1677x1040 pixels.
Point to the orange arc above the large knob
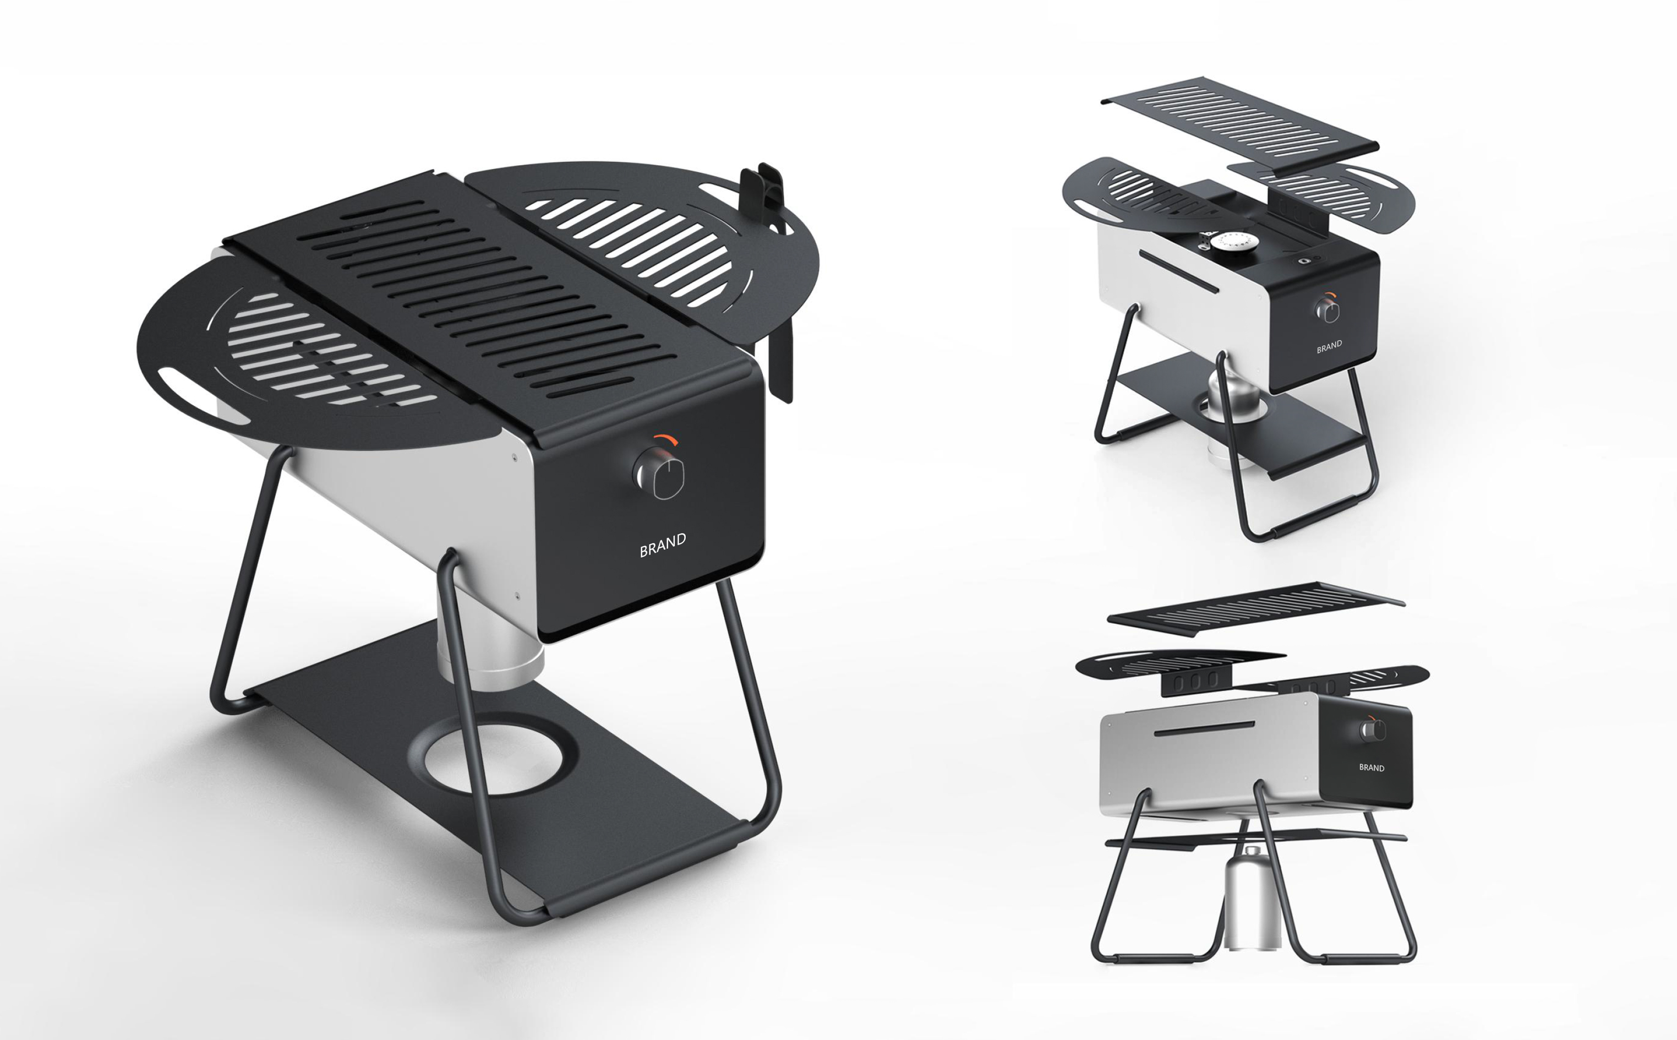pos(665,440)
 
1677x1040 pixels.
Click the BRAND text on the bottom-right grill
pos(1372,767)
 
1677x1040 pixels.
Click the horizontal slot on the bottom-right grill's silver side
pos(1205,729)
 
